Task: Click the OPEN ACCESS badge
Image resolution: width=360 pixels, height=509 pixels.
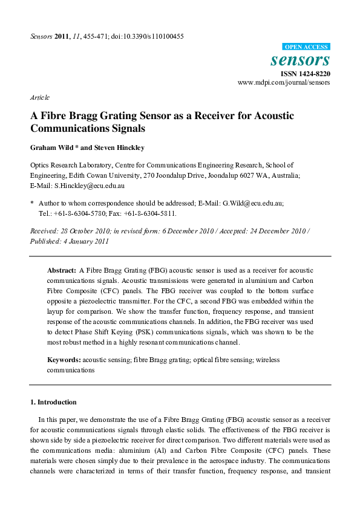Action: (x=307, y=47)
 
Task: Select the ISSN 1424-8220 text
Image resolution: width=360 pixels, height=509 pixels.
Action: (x=305, y=73)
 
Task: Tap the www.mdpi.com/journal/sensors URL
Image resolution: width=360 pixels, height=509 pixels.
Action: (x=284, y=82)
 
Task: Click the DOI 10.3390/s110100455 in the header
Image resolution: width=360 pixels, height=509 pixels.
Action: (x=154, y=36)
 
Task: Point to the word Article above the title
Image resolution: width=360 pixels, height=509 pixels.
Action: (x=40, y=97)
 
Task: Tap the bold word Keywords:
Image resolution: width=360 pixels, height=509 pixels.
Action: (x=64, y=360)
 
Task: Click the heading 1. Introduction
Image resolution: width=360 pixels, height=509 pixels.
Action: (x=53, y=402)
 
